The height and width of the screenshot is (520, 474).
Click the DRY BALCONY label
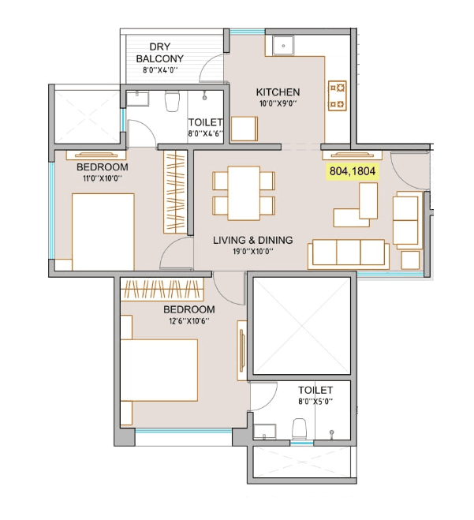tap(160, 53)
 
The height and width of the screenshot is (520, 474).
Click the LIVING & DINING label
tap(252, 240)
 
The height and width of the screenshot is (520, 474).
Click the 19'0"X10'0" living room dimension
tap(252, 252)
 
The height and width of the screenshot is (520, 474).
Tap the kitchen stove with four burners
tap(337, 95)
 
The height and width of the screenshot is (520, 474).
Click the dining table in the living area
tap(244, 193)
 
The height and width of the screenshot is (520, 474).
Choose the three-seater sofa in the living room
tap(348, 252)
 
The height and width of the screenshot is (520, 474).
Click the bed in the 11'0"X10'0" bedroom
tap(102, 233)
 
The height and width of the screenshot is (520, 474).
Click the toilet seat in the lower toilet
tap(299, 428)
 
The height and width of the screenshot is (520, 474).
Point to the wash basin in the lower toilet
tap(263, 431)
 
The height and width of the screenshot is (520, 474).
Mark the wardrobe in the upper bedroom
tap(176, 191)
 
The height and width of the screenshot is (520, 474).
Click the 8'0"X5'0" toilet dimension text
tap(315, 402)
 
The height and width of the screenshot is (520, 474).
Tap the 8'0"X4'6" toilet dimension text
tap(205, 134)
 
